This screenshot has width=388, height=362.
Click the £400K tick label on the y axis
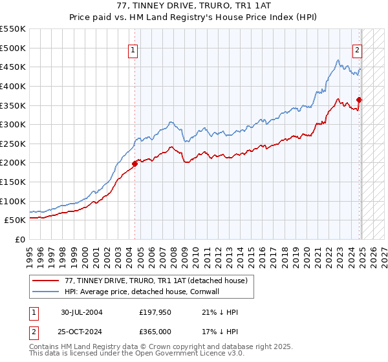pyautogui.click(x=13, y=86)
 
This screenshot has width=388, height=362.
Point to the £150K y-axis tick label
pyautogui.click(x=13, y=182)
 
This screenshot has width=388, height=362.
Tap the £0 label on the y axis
pyautogui.click(x=20, y=240)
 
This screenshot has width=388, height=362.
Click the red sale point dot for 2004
pyautogui.click(x=135, y=164)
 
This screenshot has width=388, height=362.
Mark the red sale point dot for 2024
pyautogui.click(x=359, y=100)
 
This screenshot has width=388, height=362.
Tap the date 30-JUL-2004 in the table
pyautogui.click(x=82, y=312)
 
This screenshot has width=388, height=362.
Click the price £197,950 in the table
pyautogui.click(x=155, y=312)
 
